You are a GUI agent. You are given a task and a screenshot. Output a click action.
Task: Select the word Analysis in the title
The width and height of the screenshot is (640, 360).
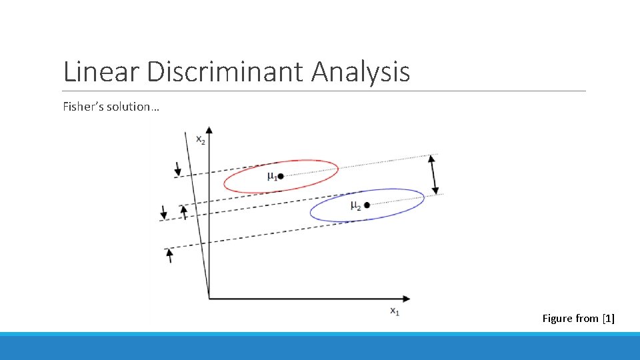coord(361,72)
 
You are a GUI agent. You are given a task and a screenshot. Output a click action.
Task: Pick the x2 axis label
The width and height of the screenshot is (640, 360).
coord(200,139)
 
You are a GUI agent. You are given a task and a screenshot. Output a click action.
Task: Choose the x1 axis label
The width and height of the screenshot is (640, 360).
coord(395,311)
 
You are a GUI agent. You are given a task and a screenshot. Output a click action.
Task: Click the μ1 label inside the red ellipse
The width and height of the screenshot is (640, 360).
coord(271,176)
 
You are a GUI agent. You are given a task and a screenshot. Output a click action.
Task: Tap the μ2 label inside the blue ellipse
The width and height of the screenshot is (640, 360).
coord(355,205)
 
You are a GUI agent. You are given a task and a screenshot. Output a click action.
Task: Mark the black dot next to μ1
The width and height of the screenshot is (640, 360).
coord(281,176)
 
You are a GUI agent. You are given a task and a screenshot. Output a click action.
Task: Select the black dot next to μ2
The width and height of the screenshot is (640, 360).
coord(366,205)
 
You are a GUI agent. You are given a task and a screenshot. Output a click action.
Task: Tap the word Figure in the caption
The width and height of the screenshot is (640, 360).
coord(557,319)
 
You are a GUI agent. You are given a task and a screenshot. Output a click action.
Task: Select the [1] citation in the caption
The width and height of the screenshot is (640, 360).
coord(608,319)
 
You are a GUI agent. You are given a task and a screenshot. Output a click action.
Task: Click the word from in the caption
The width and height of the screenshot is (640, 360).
coord(587,319)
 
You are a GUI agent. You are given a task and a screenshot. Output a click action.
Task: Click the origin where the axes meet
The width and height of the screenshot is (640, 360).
coord(209,297)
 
